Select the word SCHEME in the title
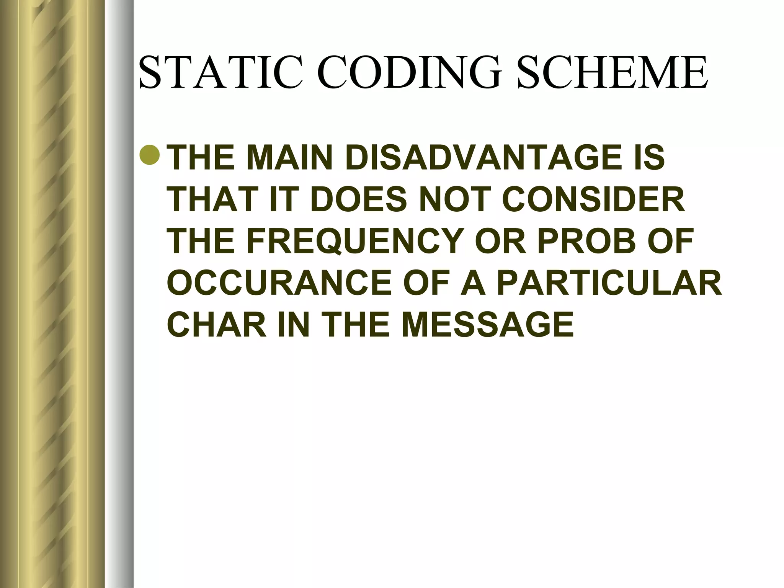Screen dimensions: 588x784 point(612,73)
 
